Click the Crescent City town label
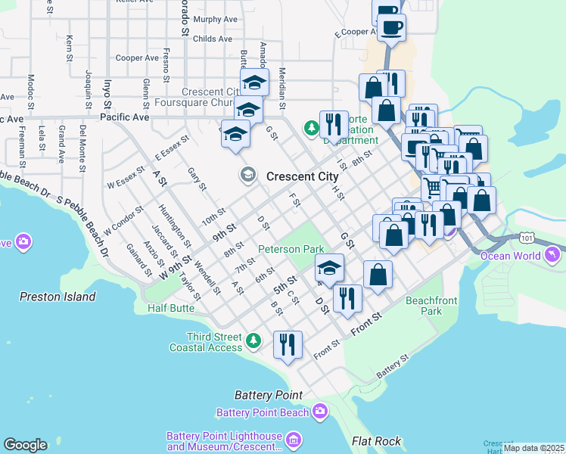point(302,176)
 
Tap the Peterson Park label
point(291,248)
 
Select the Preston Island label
point(58,297)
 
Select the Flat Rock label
point(376,440)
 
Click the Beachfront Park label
point(431,306)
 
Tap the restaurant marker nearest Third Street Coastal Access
point(288,346)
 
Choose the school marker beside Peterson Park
point(329,269)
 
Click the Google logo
point(25,445)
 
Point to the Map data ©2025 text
point(533,448)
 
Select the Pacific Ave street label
point(123,117)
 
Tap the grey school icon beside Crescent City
point(247,176)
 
